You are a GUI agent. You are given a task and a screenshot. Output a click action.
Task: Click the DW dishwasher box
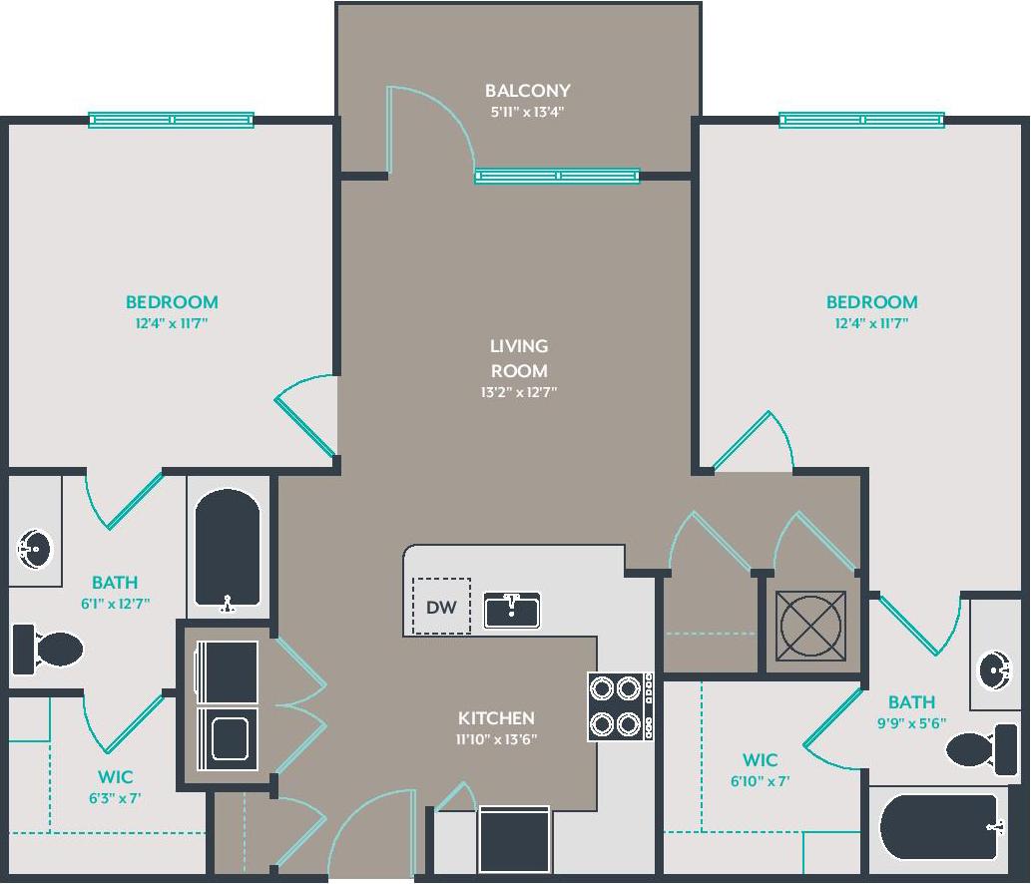point(441,606)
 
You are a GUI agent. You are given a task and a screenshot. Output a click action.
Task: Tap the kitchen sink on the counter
point(512,610)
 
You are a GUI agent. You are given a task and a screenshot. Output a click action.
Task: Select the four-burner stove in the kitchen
point(615,705)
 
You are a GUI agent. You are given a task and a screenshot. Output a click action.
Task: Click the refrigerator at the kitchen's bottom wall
point(514,839)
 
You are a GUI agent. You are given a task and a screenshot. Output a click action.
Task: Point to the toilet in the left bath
point(48,650)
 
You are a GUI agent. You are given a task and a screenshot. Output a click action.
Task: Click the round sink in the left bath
point(34,549)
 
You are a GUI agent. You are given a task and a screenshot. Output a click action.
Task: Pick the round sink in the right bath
point(994,668)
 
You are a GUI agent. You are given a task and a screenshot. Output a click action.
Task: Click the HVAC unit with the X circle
point(812,626)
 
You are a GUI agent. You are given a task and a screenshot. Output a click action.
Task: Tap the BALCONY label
point(527,91)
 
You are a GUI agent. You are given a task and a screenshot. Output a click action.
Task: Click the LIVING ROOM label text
point(518,358)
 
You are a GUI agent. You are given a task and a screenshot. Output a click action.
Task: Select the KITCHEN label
point(496,717)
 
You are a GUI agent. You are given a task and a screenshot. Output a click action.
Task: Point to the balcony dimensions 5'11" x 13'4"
point(527,113)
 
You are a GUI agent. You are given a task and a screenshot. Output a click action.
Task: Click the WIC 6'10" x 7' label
point(760,770)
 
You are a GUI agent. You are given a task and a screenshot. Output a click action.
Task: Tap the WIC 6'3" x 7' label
point(115,786)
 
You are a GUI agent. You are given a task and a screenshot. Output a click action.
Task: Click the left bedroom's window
point(171,120)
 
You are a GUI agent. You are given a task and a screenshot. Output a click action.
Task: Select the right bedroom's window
point(861,120)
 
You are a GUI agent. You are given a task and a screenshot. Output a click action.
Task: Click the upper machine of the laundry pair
point(228,671)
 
